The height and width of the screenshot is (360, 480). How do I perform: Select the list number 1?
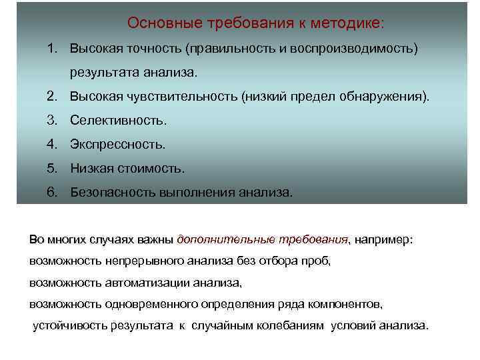pyautogui.click(x=51, y=49)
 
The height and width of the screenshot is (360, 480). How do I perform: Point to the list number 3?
pyautogui.click(x=51, y=121)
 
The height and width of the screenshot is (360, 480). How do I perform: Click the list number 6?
pyautogui.click(x=51, y=193)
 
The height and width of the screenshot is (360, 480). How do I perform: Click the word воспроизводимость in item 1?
pyautogui.click(x=360, y=49)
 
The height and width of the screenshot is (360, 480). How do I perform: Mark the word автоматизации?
pyautogui.click(x=146, y=283)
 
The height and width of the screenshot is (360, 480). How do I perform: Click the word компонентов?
pyautogui.click(x=345, y=304)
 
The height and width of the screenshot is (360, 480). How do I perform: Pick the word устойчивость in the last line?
pyautogui.click(x=71, y=326)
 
